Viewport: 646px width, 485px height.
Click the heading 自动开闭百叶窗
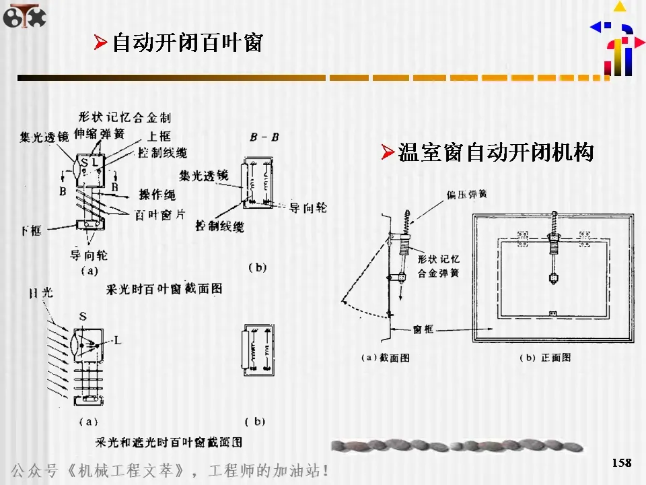187,43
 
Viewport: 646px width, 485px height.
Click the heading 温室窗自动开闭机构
495,152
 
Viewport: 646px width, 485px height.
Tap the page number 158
622,463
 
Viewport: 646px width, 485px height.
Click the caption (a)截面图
386,358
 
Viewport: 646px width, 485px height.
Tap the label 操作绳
157,195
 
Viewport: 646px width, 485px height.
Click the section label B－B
264,137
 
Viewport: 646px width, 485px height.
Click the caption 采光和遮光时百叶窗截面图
169,443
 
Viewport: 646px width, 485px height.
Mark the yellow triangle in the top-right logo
620,7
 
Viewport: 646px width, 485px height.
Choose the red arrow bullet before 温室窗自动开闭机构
387,152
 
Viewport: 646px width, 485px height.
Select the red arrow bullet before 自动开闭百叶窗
100,44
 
